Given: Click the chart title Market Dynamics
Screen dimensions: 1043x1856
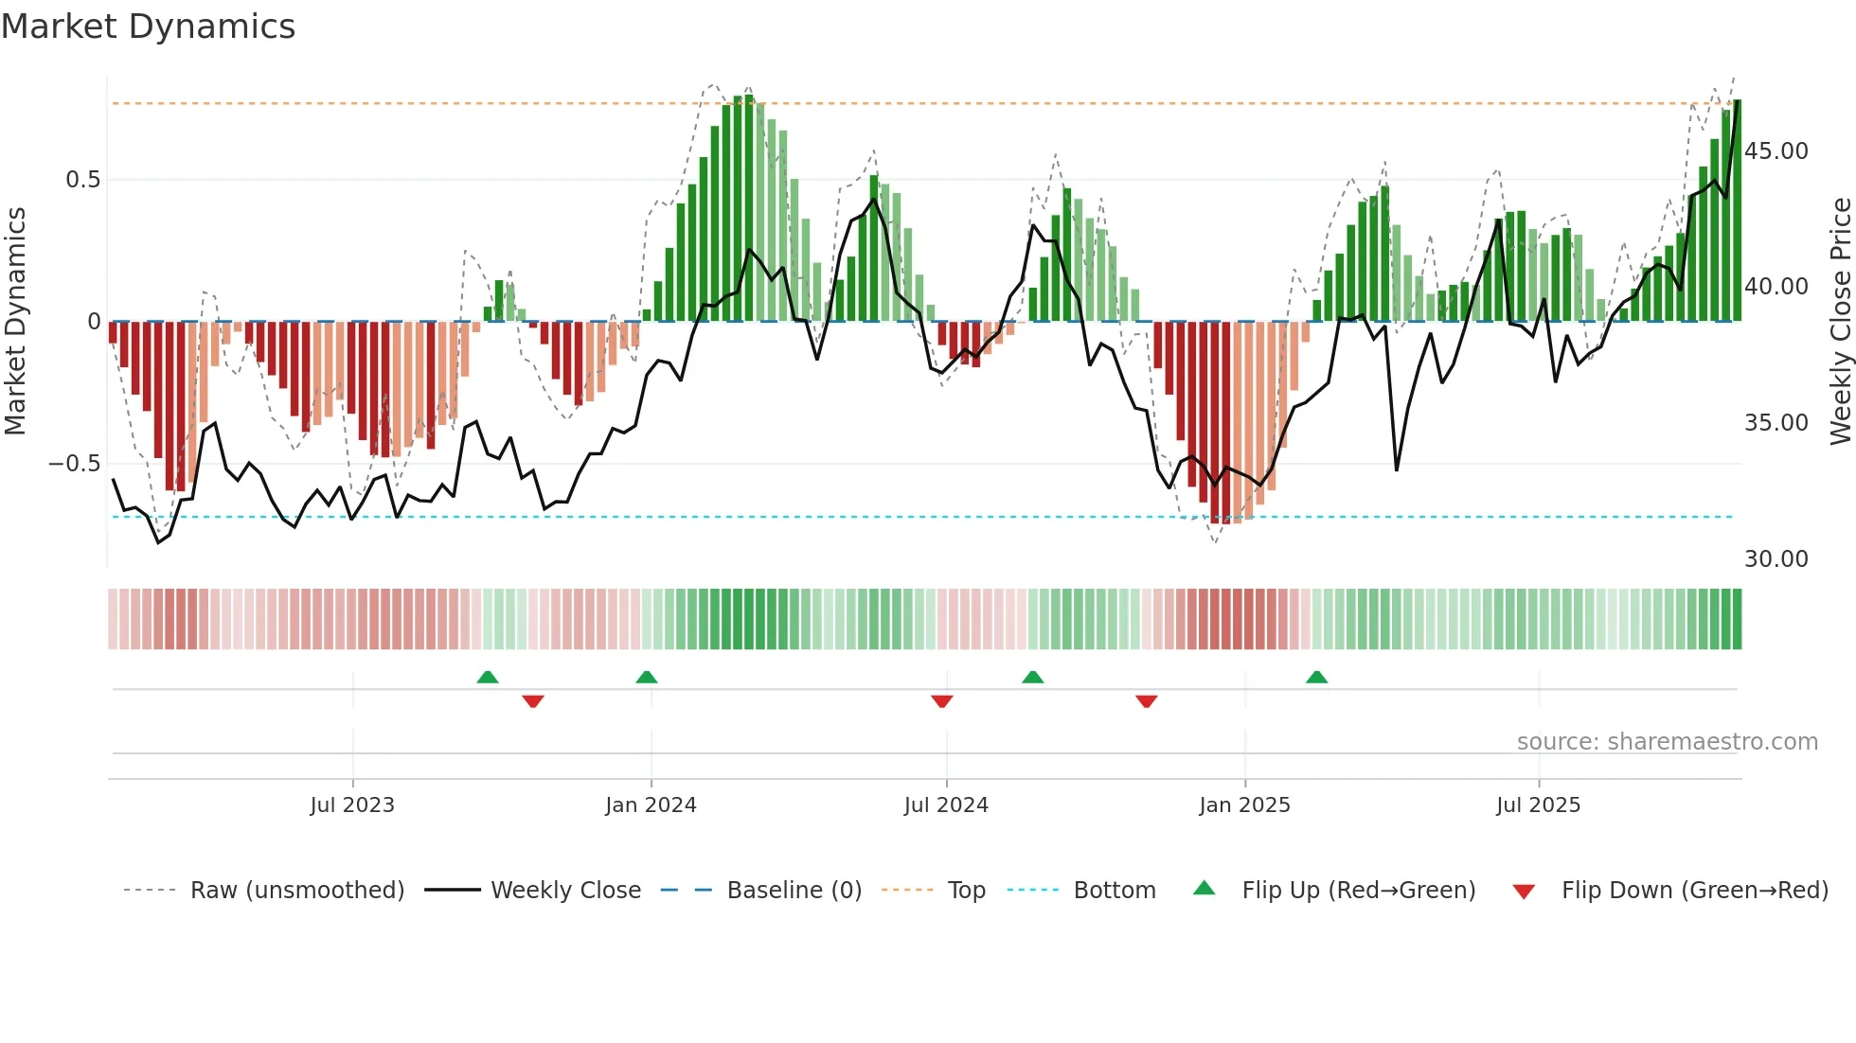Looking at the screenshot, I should [149, 27].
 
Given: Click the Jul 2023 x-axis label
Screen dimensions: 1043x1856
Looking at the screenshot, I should [352, 805].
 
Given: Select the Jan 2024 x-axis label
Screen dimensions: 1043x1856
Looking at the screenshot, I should [651, 805].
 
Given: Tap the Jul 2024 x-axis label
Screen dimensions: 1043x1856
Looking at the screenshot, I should [946, 805].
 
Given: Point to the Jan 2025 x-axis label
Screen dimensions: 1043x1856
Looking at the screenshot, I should [1244, 805].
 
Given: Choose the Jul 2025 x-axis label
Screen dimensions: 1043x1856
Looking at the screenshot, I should [1538, 805].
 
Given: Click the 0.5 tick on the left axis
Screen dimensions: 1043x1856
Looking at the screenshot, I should [82, 180].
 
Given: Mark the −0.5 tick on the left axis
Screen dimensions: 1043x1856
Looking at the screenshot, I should [74, 464].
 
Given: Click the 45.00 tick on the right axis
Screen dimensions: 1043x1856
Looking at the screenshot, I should [1776, 151].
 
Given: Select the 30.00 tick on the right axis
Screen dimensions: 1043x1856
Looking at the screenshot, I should [1776, 559].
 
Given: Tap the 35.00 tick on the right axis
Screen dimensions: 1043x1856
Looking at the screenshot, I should [1776, 423].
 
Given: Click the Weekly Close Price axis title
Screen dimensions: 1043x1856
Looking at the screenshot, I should [1840, 322].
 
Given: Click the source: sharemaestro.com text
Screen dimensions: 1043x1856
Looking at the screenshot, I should [1667, 742].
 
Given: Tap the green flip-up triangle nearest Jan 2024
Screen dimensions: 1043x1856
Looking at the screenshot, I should [647, 678].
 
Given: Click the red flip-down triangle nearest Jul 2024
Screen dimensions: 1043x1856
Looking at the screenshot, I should [941, 701].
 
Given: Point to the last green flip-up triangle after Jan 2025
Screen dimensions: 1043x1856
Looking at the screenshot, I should [1316, 678].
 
